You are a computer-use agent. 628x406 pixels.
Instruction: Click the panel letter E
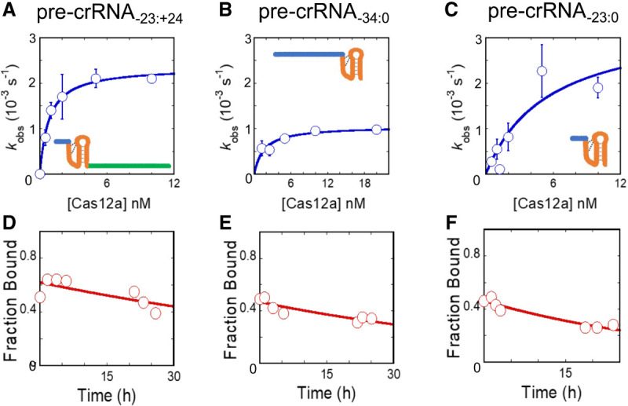point(223,229)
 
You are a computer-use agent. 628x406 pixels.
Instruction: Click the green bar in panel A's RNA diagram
point(129,166)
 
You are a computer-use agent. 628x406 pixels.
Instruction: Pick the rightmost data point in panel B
point(376,130)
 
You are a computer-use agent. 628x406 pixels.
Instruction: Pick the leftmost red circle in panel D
point(40,297)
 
